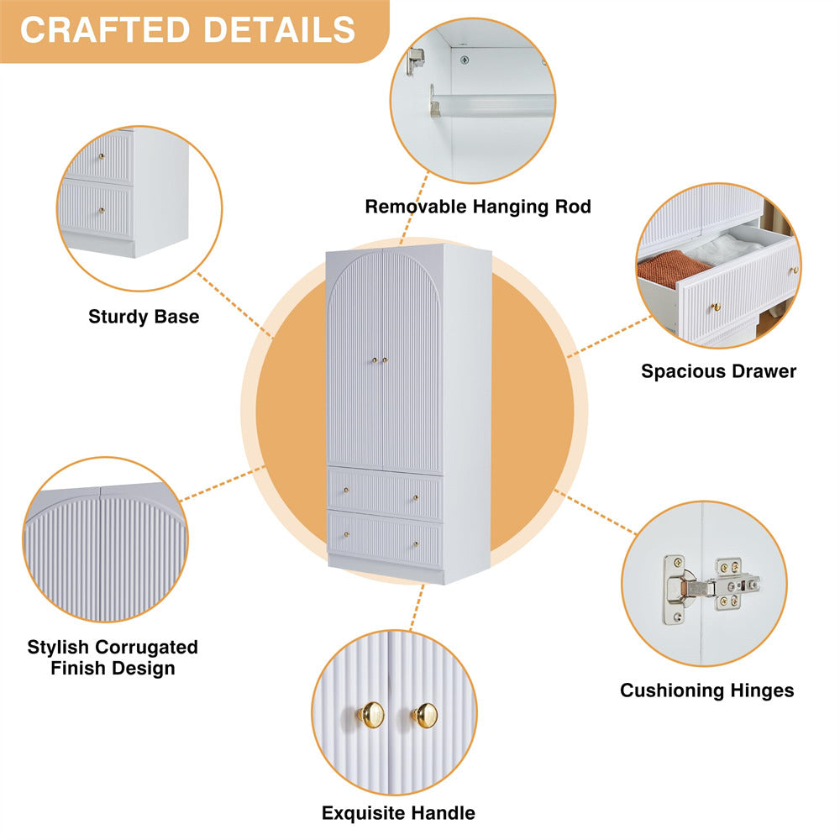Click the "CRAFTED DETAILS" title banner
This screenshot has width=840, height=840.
point(188,29)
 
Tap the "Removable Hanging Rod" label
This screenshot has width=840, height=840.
point(478,207)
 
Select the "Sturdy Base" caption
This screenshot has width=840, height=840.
point(144,317)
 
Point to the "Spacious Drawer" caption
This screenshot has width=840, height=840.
point(718,370)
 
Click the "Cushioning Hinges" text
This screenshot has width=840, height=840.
point(706,690)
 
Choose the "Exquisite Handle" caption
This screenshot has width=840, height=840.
point(398,813)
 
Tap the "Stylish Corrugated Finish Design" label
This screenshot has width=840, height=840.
point(113,658)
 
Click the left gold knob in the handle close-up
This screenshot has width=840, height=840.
point(370,715)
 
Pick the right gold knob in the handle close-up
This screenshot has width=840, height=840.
point(425,715)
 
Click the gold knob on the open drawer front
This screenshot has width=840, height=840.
point(717,307)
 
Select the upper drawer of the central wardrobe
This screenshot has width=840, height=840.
point(385,493)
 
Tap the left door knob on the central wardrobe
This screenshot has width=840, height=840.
point(374,360)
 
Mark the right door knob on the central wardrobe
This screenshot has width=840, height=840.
point(386,360)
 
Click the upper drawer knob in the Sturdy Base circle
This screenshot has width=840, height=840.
point(102,157)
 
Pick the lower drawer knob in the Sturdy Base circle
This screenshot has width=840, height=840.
point(102,210)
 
